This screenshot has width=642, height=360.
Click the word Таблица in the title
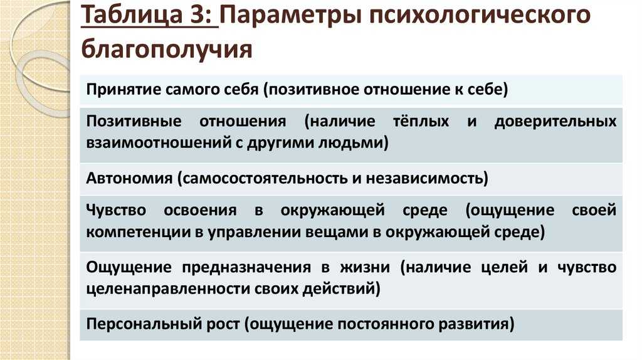(x=132, y=16)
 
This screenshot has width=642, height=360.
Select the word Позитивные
(x=134, y=121)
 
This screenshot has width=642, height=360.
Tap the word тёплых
(x=421, y=121)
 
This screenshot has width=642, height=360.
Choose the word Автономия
(x=129, y=178)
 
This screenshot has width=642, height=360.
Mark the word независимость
(x=424, y=179)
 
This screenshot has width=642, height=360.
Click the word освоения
(x=200, y=211)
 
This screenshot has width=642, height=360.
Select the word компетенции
(x=138, y=232)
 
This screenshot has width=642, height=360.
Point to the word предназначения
(x=246, y=267)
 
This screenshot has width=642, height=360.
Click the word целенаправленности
(x=168, y=289)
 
